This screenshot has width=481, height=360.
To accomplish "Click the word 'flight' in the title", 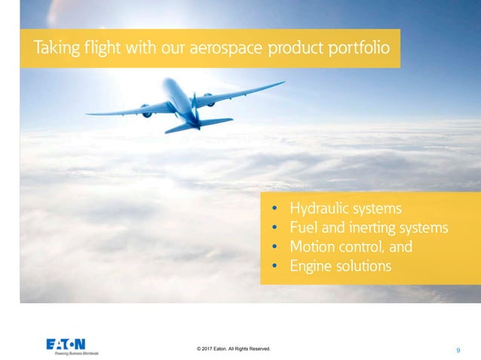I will (97, 49).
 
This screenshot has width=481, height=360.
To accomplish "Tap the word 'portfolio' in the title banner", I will (359, 49).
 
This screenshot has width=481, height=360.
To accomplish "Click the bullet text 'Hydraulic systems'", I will (346, 209).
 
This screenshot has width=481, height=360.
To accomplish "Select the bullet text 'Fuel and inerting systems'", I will (369, 227).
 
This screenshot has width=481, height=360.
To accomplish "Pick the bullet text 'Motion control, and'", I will (351, 247).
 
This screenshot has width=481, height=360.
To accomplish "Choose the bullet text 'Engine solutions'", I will (340, 267).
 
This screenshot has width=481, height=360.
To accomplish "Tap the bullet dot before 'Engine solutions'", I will (275, 267).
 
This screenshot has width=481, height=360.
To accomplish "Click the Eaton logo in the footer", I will (66, 343).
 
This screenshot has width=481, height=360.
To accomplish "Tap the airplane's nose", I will (167, 81).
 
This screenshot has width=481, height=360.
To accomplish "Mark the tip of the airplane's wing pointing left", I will (87, 114).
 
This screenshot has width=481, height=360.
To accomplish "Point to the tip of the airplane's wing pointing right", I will (283, 82).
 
